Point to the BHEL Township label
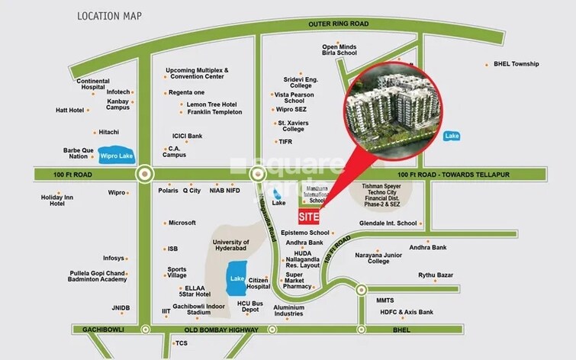516,64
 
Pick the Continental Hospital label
93,84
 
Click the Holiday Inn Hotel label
57,201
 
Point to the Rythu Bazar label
435,275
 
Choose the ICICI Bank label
187,136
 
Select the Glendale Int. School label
388,223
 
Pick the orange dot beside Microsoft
165,223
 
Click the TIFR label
285,142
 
